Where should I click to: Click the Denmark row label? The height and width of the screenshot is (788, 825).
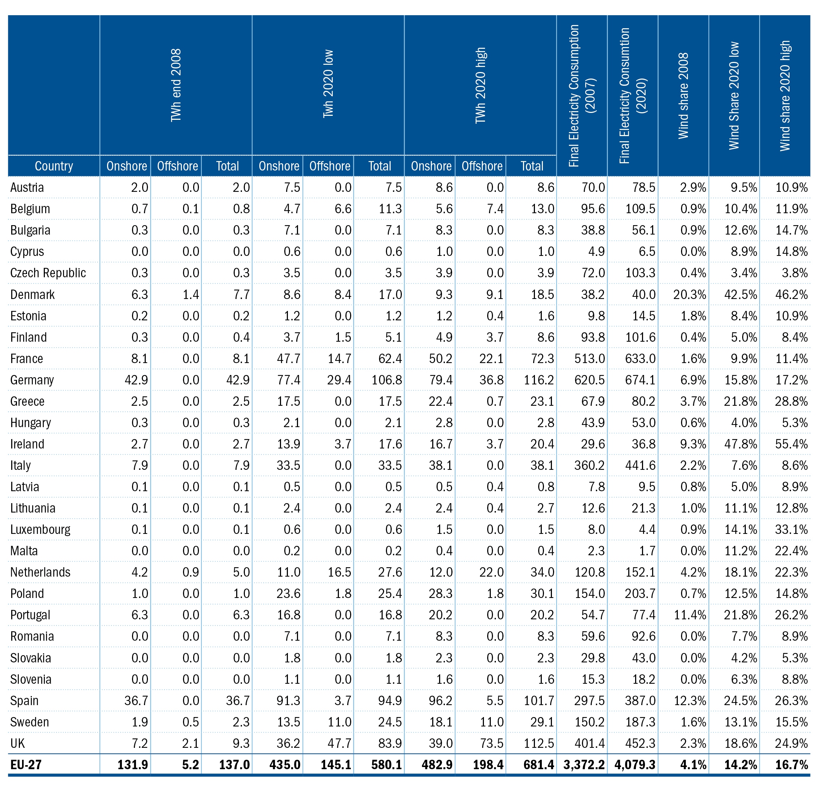pyautogui.click(x=32, y=294)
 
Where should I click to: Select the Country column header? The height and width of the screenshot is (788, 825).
pyautogui.click(x=54, y=166)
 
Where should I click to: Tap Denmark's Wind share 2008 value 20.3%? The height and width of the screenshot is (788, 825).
pyautogui.click(x=690, y=294)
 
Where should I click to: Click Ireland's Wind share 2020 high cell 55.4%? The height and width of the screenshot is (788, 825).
pyautogui.click(x=791, y=444)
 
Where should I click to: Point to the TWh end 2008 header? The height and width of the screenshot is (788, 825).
pyautogui.click(x=176, y=85)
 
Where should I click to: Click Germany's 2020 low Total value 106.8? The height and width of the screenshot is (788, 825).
pyautogui.click(x=387, y=380)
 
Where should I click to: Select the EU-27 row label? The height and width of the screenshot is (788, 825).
pyautogui.click(x=26, y=764)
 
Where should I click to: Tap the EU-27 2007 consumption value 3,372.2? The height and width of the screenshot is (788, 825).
pyautogui.click(x=584, y=764)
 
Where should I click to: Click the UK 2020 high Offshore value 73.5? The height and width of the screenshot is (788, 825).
pyautogui.click(x=492, y=743)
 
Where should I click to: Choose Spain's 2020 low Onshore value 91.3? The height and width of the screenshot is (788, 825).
pyautogui.click(x=289, y=700)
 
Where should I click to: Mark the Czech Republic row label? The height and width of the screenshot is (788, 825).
pyautogui.click(x=48, y=273)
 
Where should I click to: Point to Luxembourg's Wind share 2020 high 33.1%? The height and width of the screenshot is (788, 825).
pyautogui.click(x=791, y=529)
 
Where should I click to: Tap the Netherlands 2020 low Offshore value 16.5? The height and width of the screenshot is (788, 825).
pyautogui.click(x=340, y=572)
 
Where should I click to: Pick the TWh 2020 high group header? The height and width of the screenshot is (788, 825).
pyautogui.click(x=480, y=85)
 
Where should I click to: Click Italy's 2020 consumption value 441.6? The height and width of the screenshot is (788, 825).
pyautogui.click(x=641, y=465)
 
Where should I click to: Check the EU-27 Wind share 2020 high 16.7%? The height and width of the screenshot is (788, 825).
pyautogui.click(x=791, y=764)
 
